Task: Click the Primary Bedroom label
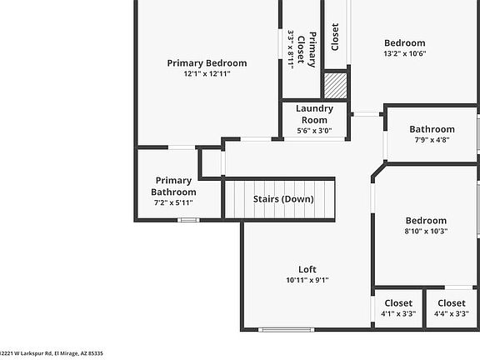207,62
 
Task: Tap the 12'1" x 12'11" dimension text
207,74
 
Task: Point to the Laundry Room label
315,114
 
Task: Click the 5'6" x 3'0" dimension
315,130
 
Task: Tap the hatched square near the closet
335,85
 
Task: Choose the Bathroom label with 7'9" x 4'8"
432,129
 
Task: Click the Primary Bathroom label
173,186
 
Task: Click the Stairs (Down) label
283,199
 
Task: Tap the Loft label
307,269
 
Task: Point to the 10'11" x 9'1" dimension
307,281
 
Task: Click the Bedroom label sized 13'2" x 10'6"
404,43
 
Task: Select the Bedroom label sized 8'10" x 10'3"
426,221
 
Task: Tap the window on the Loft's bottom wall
277,328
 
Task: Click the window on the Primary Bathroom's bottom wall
189,220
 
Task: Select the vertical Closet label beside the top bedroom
335,37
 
